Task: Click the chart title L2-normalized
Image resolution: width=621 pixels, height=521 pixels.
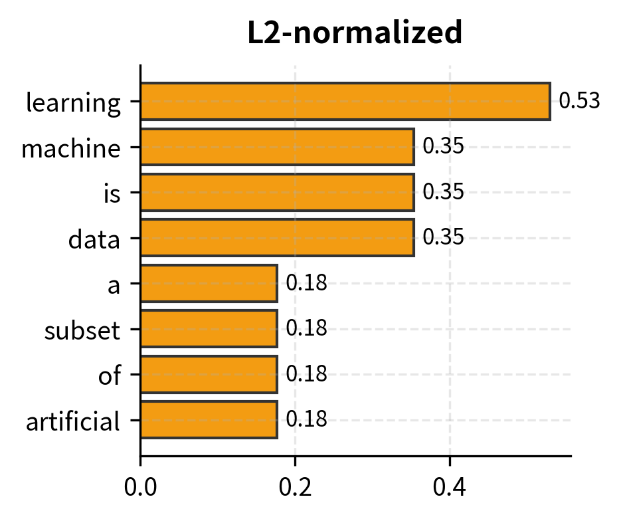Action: pyautogui.click(x=355, y=33)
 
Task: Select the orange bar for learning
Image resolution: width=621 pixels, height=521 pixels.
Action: pyautogui.click(x=345, y=102)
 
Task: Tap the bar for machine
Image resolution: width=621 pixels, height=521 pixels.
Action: pyautogui.click(x=277, y=147)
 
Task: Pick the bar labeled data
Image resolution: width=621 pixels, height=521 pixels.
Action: pyautogui.click(x=277, y=238)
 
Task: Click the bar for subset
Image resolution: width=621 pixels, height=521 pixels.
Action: pyautogui.click(x=209, y=328)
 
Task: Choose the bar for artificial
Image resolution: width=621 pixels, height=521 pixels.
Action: pyautogui.click(x=209, y=419)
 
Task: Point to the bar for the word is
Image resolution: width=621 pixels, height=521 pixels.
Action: pyautogui.click(x=277, y=192)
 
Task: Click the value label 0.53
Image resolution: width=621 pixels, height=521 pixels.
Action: pyautogui.click(x=579, y=102)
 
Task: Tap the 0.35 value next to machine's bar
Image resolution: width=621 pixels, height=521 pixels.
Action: pyautogui.click(x=443, y=147)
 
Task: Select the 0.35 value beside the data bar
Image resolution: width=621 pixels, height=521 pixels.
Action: pyautogui.click(x=443, y=238)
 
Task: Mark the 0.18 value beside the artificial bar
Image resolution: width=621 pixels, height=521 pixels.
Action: pyautogui.click(x=306, y=419)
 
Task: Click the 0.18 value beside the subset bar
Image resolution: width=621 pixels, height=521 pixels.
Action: pyautogui.click(x=306, y=328)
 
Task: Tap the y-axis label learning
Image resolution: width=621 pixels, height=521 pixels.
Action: pyautogui.click(x=73, y=103)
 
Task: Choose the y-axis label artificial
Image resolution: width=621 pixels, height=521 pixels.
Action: pyautogui.click(x=73, y=421)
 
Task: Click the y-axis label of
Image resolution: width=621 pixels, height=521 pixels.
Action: pyautogui.click(x=110, y=375)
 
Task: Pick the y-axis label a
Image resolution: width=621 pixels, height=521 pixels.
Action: pyautogui.click(x=114, y=284)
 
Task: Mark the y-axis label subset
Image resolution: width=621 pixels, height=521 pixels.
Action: pyautogui.click(x=82, y=330)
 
